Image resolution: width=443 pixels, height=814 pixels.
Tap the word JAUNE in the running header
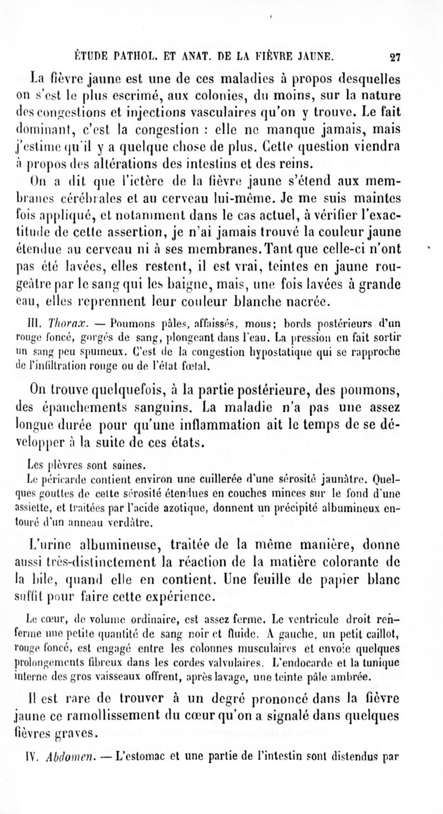[x=313, y=55]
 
